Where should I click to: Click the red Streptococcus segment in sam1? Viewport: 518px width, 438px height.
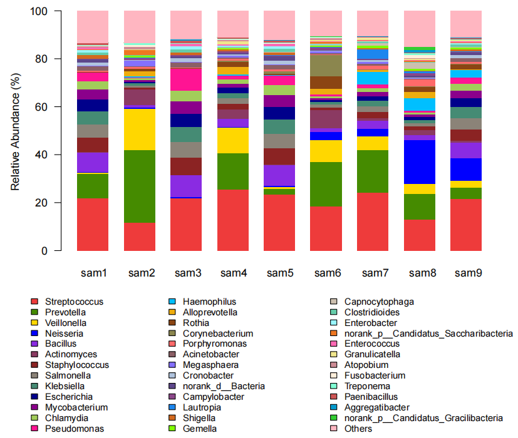tap(93, 225)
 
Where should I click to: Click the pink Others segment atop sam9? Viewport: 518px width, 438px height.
tap(466, 24)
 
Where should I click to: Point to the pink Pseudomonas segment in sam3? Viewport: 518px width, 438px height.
tap(186, 79)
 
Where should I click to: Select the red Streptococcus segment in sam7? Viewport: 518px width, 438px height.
tap(373, 222)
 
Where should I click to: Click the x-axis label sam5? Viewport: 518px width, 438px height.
tap(279, 273)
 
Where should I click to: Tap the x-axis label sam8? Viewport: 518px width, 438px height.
tap(420, 273)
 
